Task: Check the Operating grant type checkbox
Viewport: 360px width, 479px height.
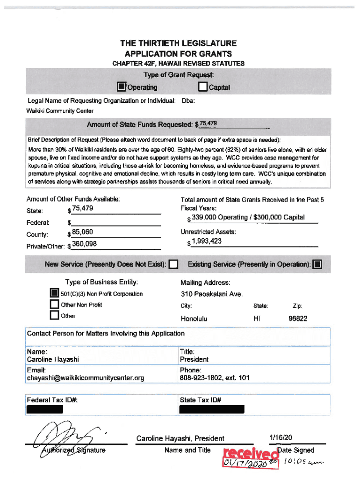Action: (121, 87)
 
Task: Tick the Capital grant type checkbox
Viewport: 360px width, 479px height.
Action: (202, 87)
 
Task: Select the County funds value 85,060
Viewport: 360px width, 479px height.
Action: (82, 231)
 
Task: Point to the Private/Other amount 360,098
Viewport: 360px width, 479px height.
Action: (84, 243)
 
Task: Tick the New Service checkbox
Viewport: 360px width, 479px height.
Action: (174, 265)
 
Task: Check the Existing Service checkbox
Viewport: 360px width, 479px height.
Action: (317, 265)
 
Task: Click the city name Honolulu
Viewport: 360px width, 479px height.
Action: (194, 319)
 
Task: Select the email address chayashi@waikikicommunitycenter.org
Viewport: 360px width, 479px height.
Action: (86, 377)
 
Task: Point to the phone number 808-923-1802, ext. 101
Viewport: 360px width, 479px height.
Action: (215, 377)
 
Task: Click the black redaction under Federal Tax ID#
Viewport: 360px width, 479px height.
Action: (45, 409)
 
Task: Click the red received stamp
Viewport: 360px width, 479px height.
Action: (249, 454)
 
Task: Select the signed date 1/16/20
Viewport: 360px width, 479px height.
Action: (281, 438)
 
